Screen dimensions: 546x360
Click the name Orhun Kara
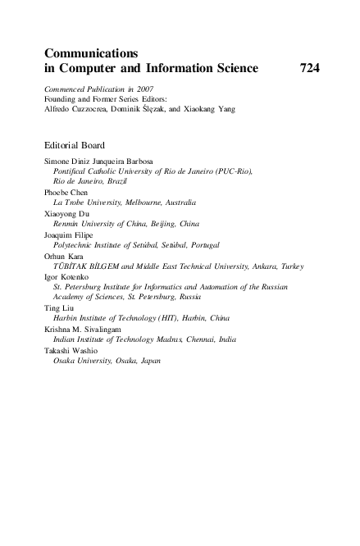pyautogui.click(x=65, y=255)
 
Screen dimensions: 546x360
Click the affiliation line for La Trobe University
pyautogui.click(x=125, y=202)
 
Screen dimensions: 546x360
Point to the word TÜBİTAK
pyautogui.click(x=70, y=266)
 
